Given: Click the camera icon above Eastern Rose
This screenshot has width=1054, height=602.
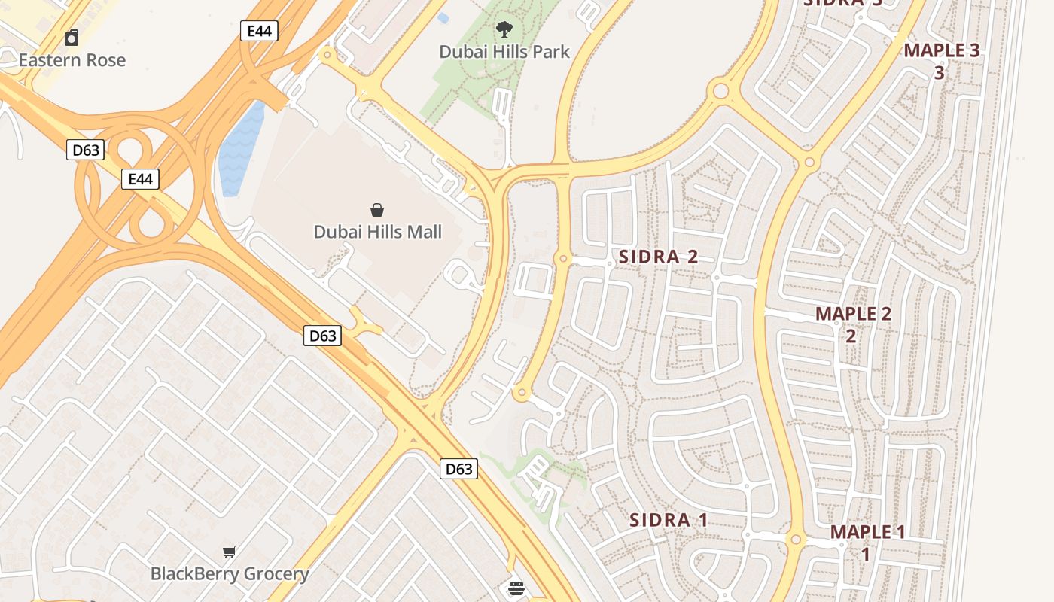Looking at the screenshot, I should [72, 37].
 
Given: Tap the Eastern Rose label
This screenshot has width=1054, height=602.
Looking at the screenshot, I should [72, 60].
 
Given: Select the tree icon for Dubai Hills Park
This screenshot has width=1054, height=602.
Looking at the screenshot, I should [504, 29].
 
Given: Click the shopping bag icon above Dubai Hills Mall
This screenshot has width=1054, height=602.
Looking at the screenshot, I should [377, 210].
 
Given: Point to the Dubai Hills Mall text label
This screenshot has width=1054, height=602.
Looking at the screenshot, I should [378, 232].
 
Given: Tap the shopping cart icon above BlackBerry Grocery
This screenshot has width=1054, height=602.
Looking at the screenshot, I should [230, 552].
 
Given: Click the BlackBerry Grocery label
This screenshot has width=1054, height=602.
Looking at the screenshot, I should [230, 574].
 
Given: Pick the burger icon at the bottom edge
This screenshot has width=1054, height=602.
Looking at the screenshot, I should [516, 588].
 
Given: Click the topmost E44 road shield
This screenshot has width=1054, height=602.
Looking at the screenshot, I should [259, 31].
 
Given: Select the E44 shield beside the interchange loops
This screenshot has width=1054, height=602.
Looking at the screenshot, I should [141, 179].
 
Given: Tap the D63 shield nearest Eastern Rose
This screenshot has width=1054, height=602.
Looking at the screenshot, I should [85, 150].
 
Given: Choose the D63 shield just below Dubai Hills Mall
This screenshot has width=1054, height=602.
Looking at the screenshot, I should [322, 336].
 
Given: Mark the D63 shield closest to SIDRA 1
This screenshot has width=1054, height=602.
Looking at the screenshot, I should [458, 470].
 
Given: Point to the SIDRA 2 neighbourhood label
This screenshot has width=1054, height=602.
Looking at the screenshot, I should [658, 257].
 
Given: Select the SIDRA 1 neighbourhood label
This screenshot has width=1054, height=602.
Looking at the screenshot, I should [669, 520].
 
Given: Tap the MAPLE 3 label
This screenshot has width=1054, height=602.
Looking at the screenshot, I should [941, 51].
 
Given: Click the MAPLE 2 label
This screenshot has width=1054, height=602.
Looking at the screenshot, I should [853, 314].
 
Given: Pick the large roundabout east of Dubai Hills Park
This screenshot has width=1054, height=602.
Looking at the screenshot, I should [720, 92].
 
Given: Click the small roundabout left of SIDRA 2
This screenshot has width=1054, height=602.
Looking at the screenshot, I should [562, 259].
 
